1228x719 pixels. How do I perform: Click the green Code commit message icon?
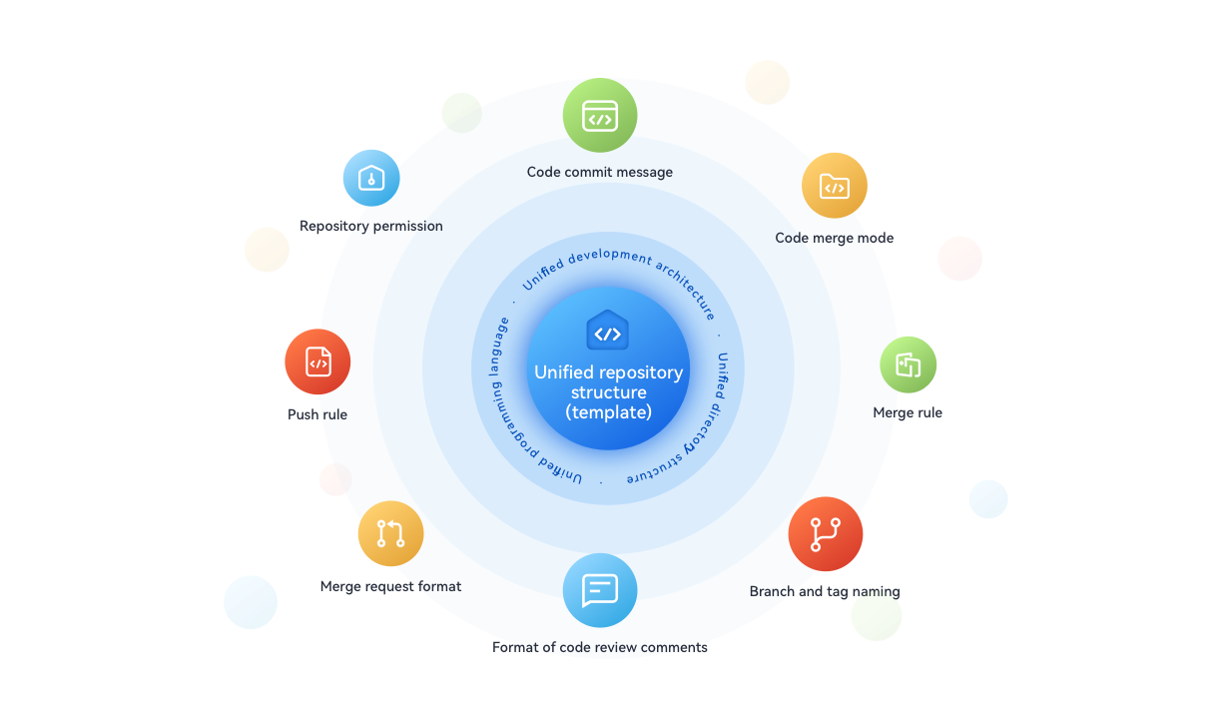pyautogui.click(x=600, y=116)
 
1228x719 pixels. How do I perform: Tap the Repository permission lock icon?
pyautogui.click(x=371, y=178)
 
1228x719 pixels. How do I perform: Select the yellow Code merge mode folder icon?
pyautogui.click(x=834, y=186)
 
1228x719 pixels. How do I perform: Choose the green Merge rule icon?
pyautogui.click(x=908, y=364)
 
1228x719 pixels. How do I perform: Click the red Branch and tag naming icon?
pyautogui.click(x=825, y=534)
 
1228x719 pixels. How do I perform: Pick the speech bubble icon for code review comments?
pyautogui.click(x=599, y=589)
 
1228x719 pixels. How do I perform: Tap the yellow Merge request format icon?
pyautogui.click(x=390, y=533)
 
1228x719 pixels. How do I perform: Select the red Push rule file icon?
pyautogui.click(x=317, y=362)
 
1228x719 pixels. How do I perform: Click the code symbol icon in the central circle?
pyautogui.click(x=607, y=334)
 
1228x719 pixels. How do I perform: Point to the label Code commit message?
pyautogui.click(x=600, y=172)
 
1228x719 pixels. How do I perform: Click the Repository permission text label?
pyautogui.click(x=371, y=226)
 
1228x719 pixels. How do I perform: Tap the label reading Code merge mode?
pyautogui.click(x=834, y=238)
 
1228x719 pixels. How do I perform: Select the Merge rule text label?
pyautogui.click(x=907, y=412)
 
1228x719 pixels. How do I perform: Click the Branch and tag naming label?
pyautogui.click(x=824, y=591)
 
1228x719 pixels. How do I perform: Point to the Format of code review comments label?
pyautogui.click(x=600, y=647)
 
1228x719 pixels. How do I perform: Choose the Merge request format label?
pyautogui.click(x=390, y=586)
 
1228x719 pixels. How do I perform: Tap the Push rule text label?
pyautogui.click(x=317, y=414)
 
